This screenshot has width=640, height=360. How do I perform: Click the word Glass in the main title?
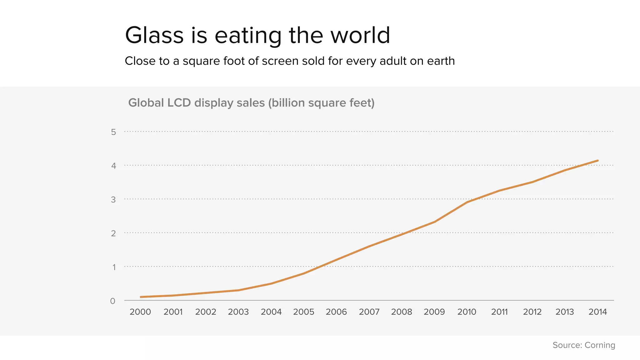pos(154,35)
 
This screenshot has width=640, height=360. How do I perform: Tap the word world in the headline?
pos(360,35)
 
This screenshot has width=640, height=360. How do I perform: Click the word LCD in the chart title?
pos(179,103)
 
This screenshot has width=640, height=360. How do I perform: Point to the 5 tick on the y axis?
pos(113,132)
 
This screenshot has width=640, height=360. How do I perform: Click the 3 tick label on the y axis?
pos(113,200)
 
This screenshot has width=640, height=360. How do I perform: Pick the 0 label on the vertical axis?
pos(113,301)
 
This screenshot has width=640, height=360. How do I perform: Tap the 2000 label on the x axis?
pos(140,312)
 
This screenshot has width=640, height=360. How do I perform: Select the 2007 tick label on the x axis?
pos(369,312)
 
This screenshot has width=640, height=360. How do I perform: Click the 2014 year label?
pos(597,312)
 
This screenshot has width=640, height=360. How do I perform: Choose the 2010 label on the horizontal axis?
pos(467,312)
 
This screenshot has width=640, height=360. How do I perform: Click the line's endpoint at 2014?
pos(597,161)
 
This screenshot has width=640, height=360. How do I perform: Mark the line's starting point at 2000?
pos(141,297)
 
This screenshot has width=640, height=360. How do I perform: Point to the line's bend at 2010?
pos(467,202)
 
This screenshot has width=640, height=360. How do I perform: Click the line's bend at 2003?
pos(238,290)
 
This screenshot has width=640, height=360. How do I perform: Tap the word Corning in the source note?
pos(600,345)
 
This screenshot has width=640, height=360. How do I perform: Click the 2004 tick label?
pos(271,312)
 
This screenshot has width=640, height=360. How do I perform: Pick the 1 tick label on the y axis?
pos(114,267)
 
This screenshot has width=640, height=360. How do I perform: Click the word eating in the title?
pos(248,35)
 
